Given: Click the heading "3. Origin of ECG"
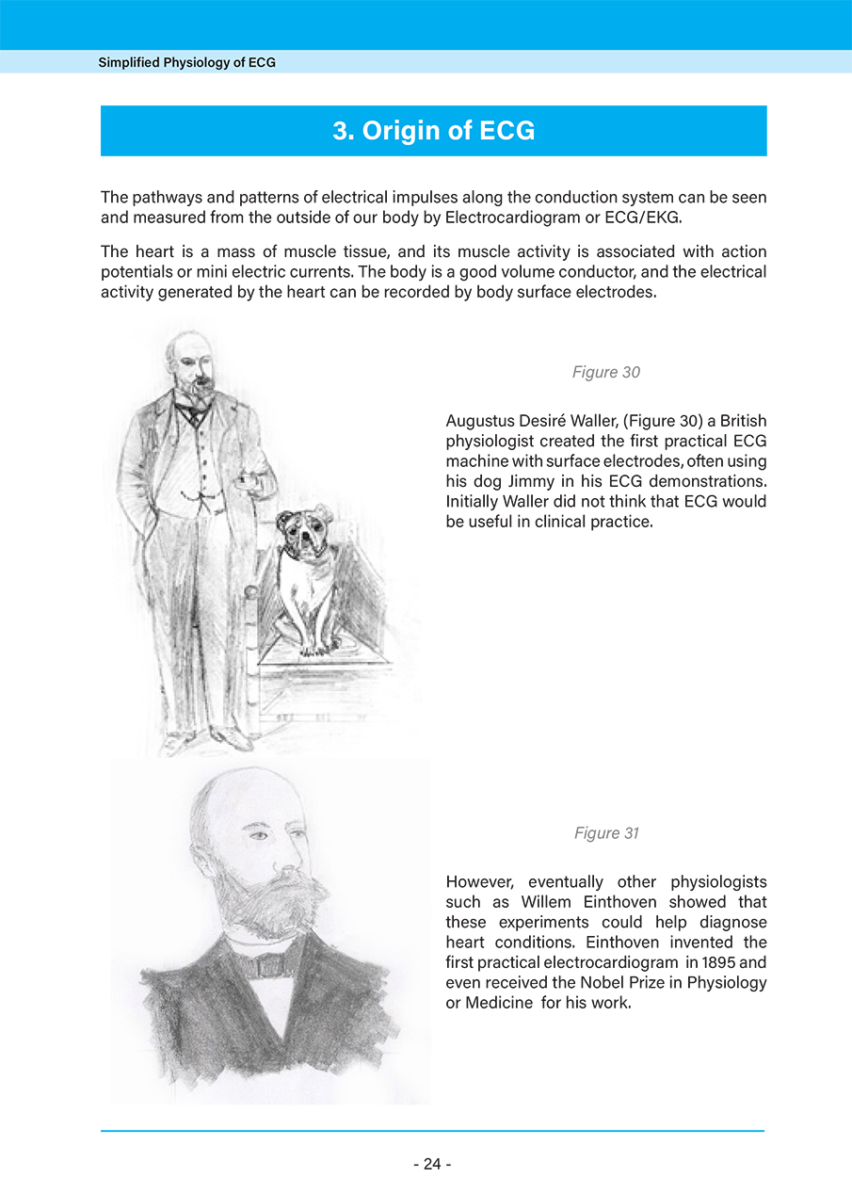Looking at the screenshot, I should pos(433,130).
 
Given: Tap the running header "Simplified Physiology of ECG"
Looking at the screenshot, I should pos(186,63).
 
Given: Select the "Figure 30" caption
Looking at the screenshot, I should pos(605,373).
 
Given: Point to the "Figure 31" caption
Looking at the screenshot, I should pos(606,833).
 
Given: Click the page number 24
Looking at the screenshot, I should pos(432,1164).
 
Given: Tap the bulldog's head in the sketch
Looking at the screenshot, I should pos(304,532).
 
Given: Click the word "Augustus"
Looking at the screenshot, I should pos(478,421).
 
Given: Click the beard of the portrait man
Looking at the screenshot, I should pos(273,899).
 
